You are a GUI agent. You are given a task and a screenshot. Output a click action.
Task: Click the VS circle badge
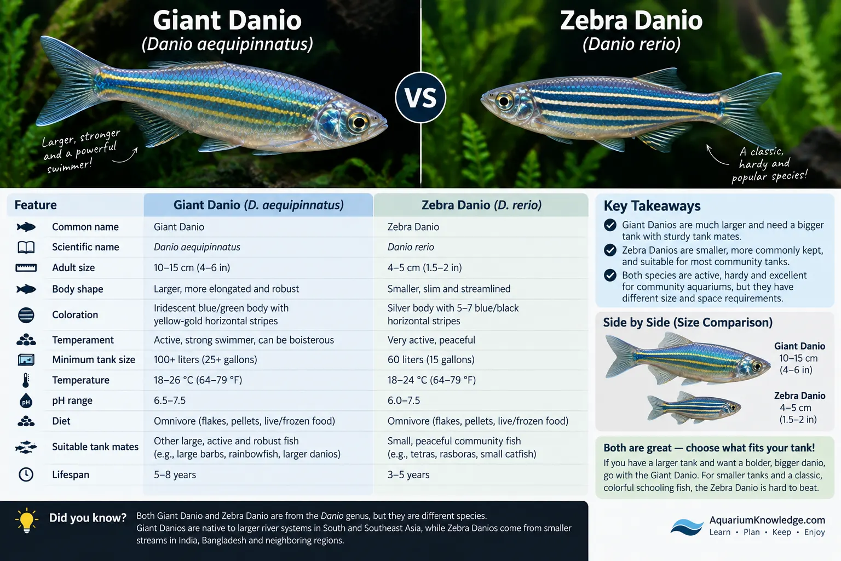coord(420,98)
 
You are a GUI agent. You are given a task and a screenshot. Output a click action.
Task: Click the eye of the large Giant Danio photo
coord(359,122)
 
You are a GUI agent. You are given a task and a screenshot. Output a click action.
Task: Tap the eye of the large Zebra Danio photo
coord(504,101)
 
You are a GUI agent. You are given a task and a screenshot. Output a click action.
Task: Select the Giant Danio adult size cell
coord(192,267)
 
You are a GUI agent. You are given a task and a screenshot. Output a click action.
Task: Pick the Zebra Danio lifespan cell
coord(408,474)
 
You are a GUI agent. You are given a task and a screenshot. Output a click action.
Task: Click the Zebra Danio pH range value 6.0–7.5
coord(404,400)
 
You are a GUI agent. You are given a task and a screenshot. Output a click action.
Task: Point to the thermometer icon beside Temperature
coord(26,380)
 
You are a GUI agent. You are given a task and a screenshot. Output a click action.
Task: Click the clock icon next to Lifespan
coord(26,474)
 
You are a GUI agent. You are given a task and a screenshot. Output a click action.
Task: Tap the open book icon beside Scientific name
coord(26,247)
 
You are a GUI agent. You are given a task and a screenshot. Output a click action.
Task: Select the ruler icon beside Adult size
coord(26,268)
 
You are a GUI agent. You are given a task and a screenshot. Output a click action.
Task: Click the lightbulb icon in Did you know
coord(27,520)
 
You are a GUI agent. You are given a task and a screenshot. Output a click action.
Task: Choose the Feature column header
coord(36,205)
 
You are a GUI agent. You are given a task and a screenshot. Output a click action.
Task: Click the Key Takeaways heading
coord(652,206)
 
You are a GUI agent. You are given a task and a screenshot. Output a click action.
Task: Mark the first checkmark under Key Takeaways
coord(610,225)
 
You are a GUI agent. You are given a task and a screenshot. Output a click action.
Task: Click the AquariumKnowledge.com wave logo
coord(687,527)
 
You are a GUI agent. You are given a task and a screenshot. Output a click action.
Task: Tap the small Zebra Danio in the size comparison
coord(694,408)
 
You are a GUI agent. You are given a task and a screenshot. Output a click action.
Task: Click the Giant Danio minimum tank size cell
coord(205,359)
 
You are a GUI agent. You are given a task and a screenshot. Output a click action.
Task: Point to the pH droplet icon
coord(26,400)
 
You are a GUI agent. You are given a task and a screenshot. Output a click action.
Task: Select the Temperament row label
coord(83,340)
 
